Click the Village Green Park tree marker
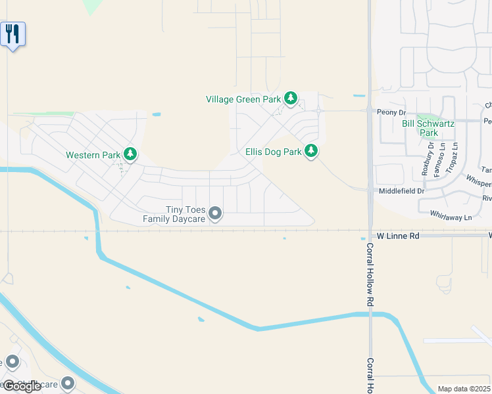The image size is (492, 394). [x=291, y=99]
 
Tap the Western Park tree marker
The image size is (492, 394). [x=130, y=154]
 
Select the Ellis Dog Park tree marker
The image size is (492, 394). [x=310, y=151]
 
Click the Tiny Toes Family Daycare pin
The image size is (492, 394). [x=215, y=213]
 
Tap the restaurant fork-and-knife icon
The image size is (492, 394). [x=12, y=33]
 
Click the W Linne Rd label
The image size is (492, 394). [x=398, y=235]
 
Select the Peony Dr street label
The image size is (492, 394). [x=391, y=112]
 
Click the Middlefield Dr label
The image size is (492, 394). [x=402, y=190]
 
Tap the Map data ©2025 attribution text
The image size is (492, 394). [x=464, y=389]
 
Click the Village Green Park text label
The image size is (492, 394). [x=243, y=100]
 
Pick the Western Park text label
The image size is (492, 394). [x=93, y=156]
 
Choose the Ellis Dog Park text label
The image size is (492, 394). [x=273, y=152]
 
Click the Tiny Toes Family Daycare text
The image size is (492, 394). [x=174, y=215]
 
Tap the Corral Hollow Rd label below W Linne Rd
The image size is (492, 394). [x=370, y=276]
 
